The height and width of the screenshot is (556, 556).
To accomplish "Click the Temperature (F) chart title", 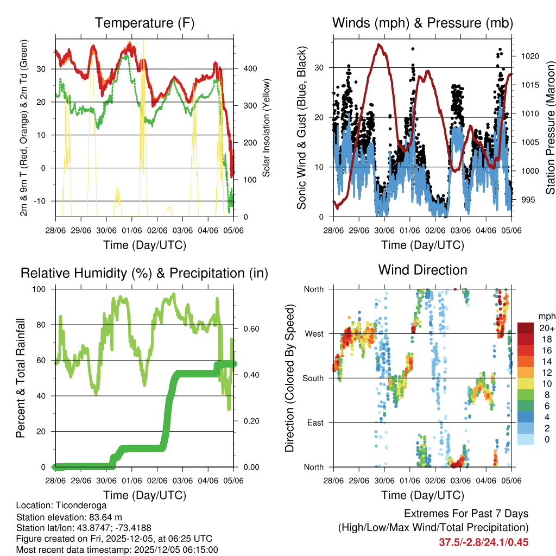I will (x=144, y=23).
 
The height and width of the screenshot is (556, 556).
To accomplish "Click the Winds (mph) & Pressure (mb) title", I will (x=422, y=23).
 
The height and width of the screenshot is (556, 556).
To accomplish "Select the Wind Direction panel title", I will (x=422, y=270).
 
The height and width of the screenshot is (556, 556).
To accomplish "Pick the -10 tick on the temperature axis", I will (x=43, y=201).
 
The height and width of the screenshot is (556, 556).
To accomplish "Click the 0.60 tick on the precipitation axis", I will (x=251, y=328).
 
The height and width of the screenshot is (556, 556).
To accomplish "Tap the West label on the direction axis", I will (x=314, y=333).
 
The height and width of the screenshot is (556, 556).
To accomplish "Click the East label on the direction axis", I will (x=314, y=422).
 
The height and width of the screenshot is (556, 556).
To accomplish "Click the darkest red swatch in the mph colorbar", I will (x=525, y=328).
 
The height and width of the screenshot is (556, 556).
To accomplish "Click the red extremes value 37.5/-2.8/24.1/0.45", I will (x=484, y=542).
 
